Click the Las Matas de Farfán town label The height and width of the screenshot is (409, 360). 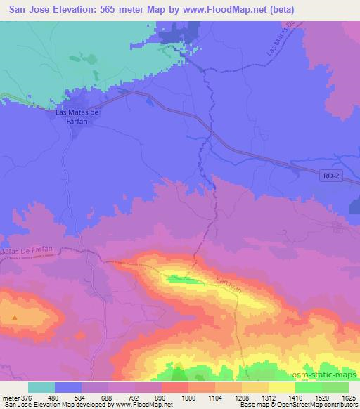pos(79,116)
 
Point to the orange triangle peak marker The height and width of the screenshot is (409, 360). pos(14,317)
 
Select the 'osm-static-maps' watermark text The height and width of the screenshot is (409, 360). pos(330,372)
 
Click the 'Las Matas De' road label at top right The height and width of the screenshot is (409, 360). pos(280,45)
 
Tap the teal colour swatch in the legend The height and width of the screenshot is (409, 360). pos(41,387)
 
